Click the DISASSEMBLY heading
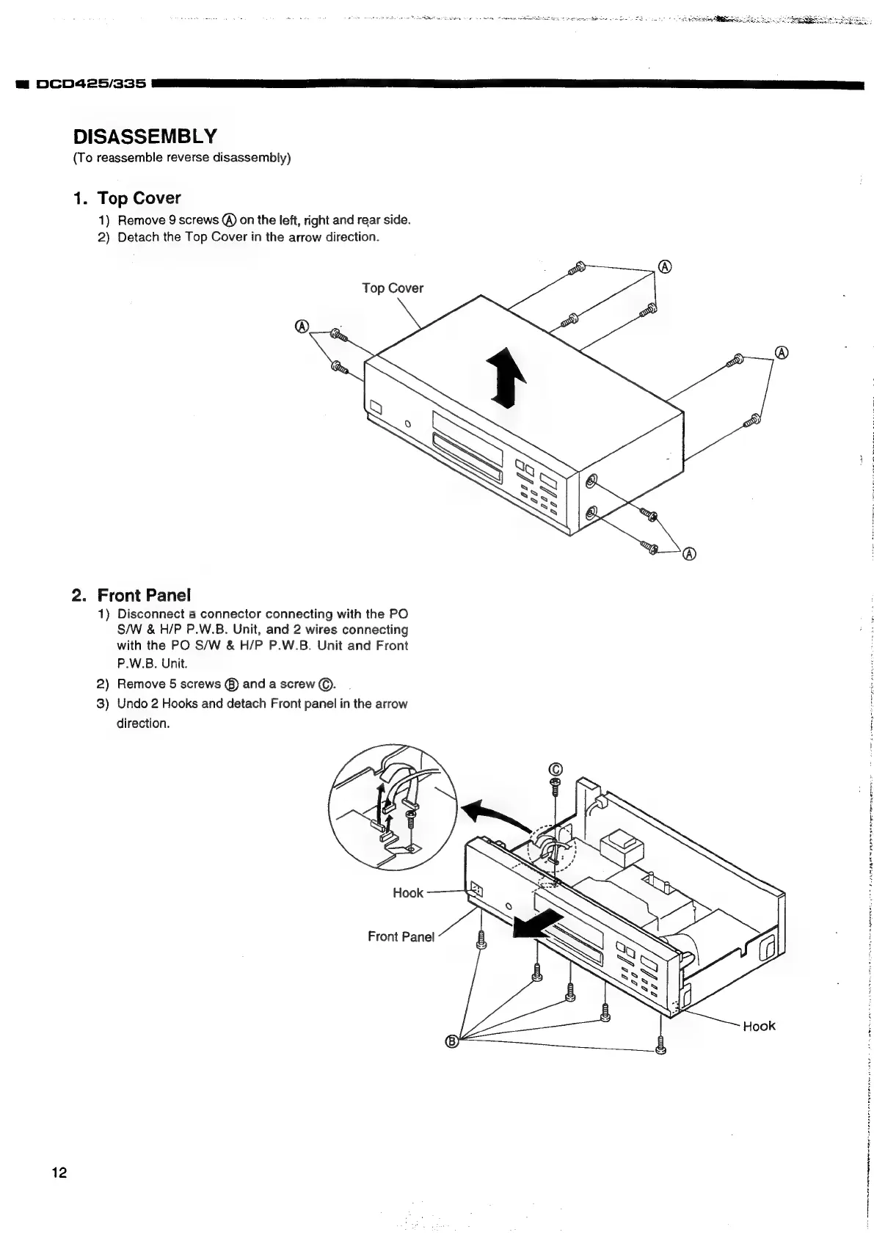[x=145, y=136]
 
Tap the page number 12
[x=59, y=1173]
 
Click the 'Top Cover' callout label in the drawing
[x=393, y=288]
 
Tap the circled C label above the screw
[x=555, y=769]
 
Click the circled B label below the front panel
[x=453, y=1041]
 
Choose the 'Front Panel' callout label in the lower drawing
[x=401, y=936]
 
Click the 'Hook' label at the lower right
[x=759, y=1026]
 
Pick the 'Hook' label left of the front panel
[x=408, y=893]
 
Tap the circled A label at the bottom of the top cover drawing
[x=689, y=554]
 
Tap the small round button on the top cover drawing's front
[x=408, y=424]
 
